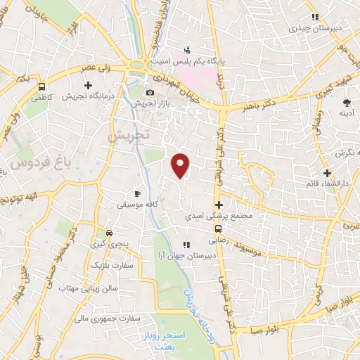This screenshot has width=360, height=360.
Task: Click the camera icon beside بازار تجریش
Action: click(x=149, y=93)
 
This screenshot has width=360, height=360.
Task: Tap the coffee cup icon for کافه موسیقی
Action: click(x=138, y=193)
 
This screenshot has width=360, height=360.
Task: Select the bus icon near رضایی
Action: click(x=217, y=229)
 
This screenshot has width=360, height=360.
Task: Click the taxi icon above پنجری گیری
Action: click(x=108, y=233)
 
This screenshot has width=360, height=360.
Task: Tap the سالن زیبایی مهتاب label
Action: click(x=89, y=288)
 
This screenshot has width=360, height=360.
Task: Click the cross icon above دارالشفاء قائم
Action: click(x=326, y=173)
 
